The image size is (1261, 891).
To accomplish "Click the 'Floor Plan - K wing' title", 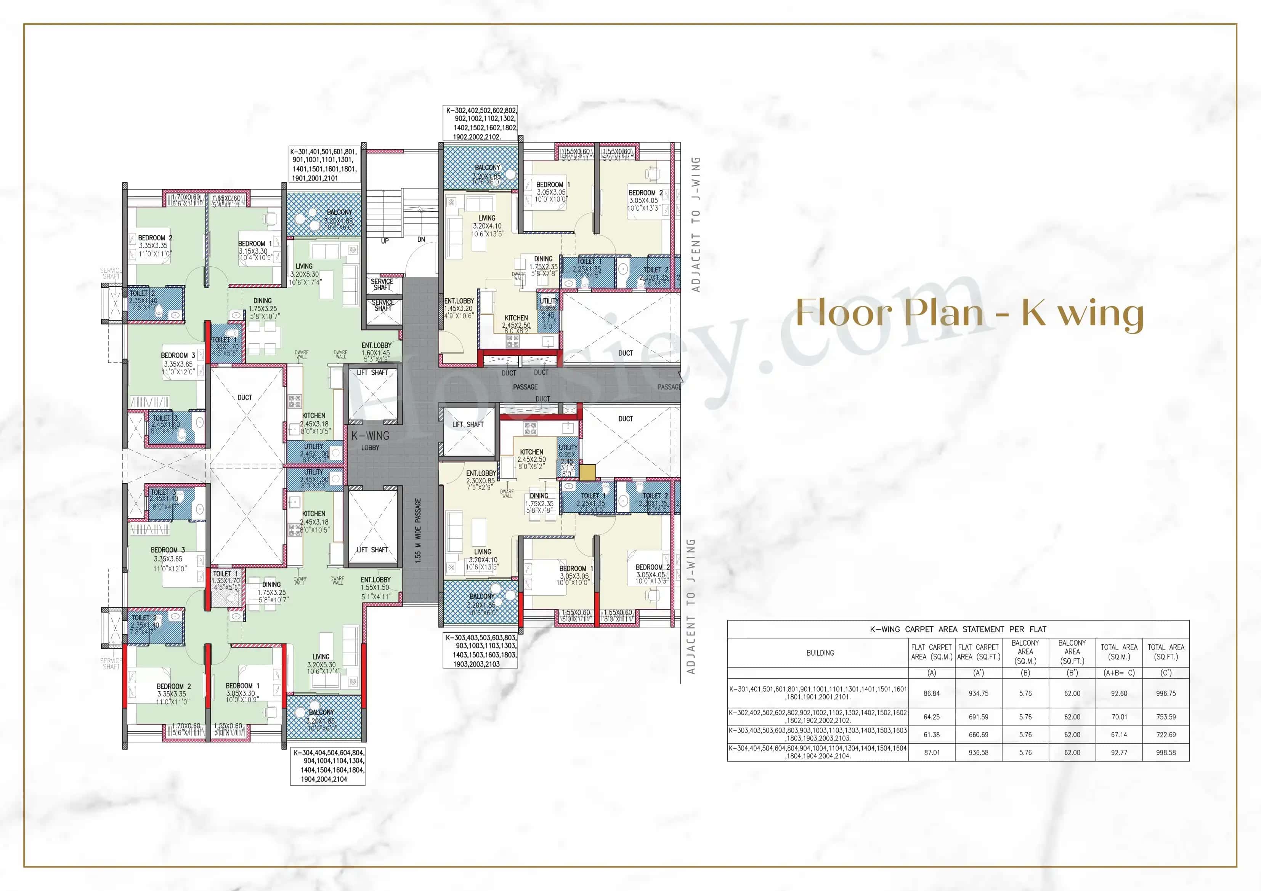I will pos(969,313).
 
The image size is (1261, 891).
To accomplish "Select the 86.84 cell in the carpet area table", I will pos(932,693).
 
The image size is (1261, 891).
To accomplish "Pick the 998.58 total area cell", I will pos(1165,753).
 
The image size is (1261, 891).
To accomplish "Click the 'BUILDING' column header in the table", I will pos(820,653).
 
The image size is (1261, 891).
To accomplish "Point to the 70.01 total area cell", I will pos(1119,717).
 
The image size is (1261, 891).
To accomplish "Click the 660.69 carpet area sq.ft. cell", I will pos(978,734).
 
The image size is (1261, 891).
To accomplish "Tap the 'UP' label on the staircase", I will pos(385,241).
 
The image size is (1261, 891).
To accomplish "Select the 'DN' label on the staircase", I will pos(421,239).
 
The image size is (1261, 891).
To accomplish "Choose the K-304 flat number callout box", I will pos(328,766).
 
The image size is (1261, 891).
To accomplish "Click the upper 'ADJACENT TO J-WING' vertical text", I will pos(696,224).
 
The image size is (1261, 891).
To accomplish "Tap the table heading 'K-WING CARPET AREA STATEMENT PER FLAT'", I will pos(958,629).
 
